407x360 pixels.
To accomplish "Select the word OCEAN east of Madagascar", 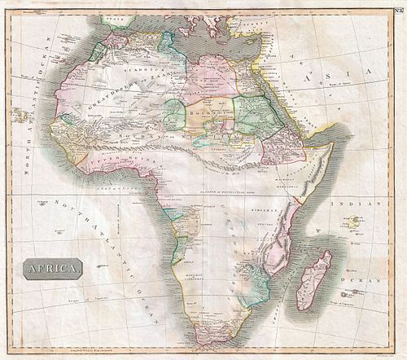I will click(370, 274).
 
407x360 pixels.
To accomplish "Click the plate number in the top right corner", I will click(396, 10).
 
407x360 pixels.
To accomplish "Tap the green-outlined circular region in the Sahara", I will click(173, 112).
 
